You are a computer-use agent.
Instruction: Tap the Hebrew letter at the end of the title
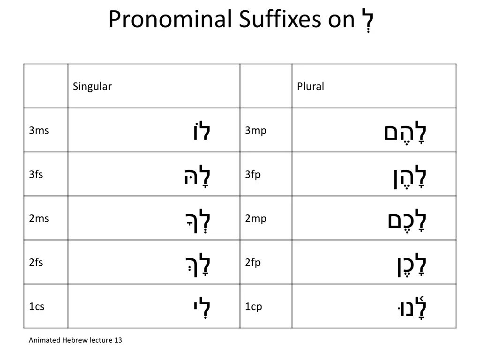pos(367,20)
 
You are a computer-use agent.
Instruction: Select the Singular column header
pos(92,87)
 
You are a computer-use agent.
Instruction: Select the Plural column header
pos(310,87)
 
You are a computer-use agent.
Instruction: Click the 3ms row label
pos(39,131)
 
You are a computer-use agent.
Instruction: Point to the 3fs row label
pos(36,175)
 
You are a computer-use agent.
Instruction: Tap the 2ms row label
pos(39,219)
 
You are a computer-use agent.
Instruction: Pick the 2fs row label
pos(36,263)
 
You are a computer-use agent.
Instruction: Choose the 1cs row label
pos(37,307)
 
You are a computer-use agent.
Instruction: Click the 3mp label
pos(255,131)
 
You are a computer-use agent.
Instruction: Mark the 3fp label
pos(253,175)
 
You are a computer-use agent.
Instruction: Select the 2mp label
pos(255,219)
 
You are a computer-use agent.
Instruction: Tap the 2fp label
pos(253,263)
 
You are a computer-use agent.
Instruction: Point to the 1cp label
pos(253,307)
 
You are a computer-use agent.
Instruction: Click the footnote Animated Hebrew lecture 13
pos(75,340)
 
